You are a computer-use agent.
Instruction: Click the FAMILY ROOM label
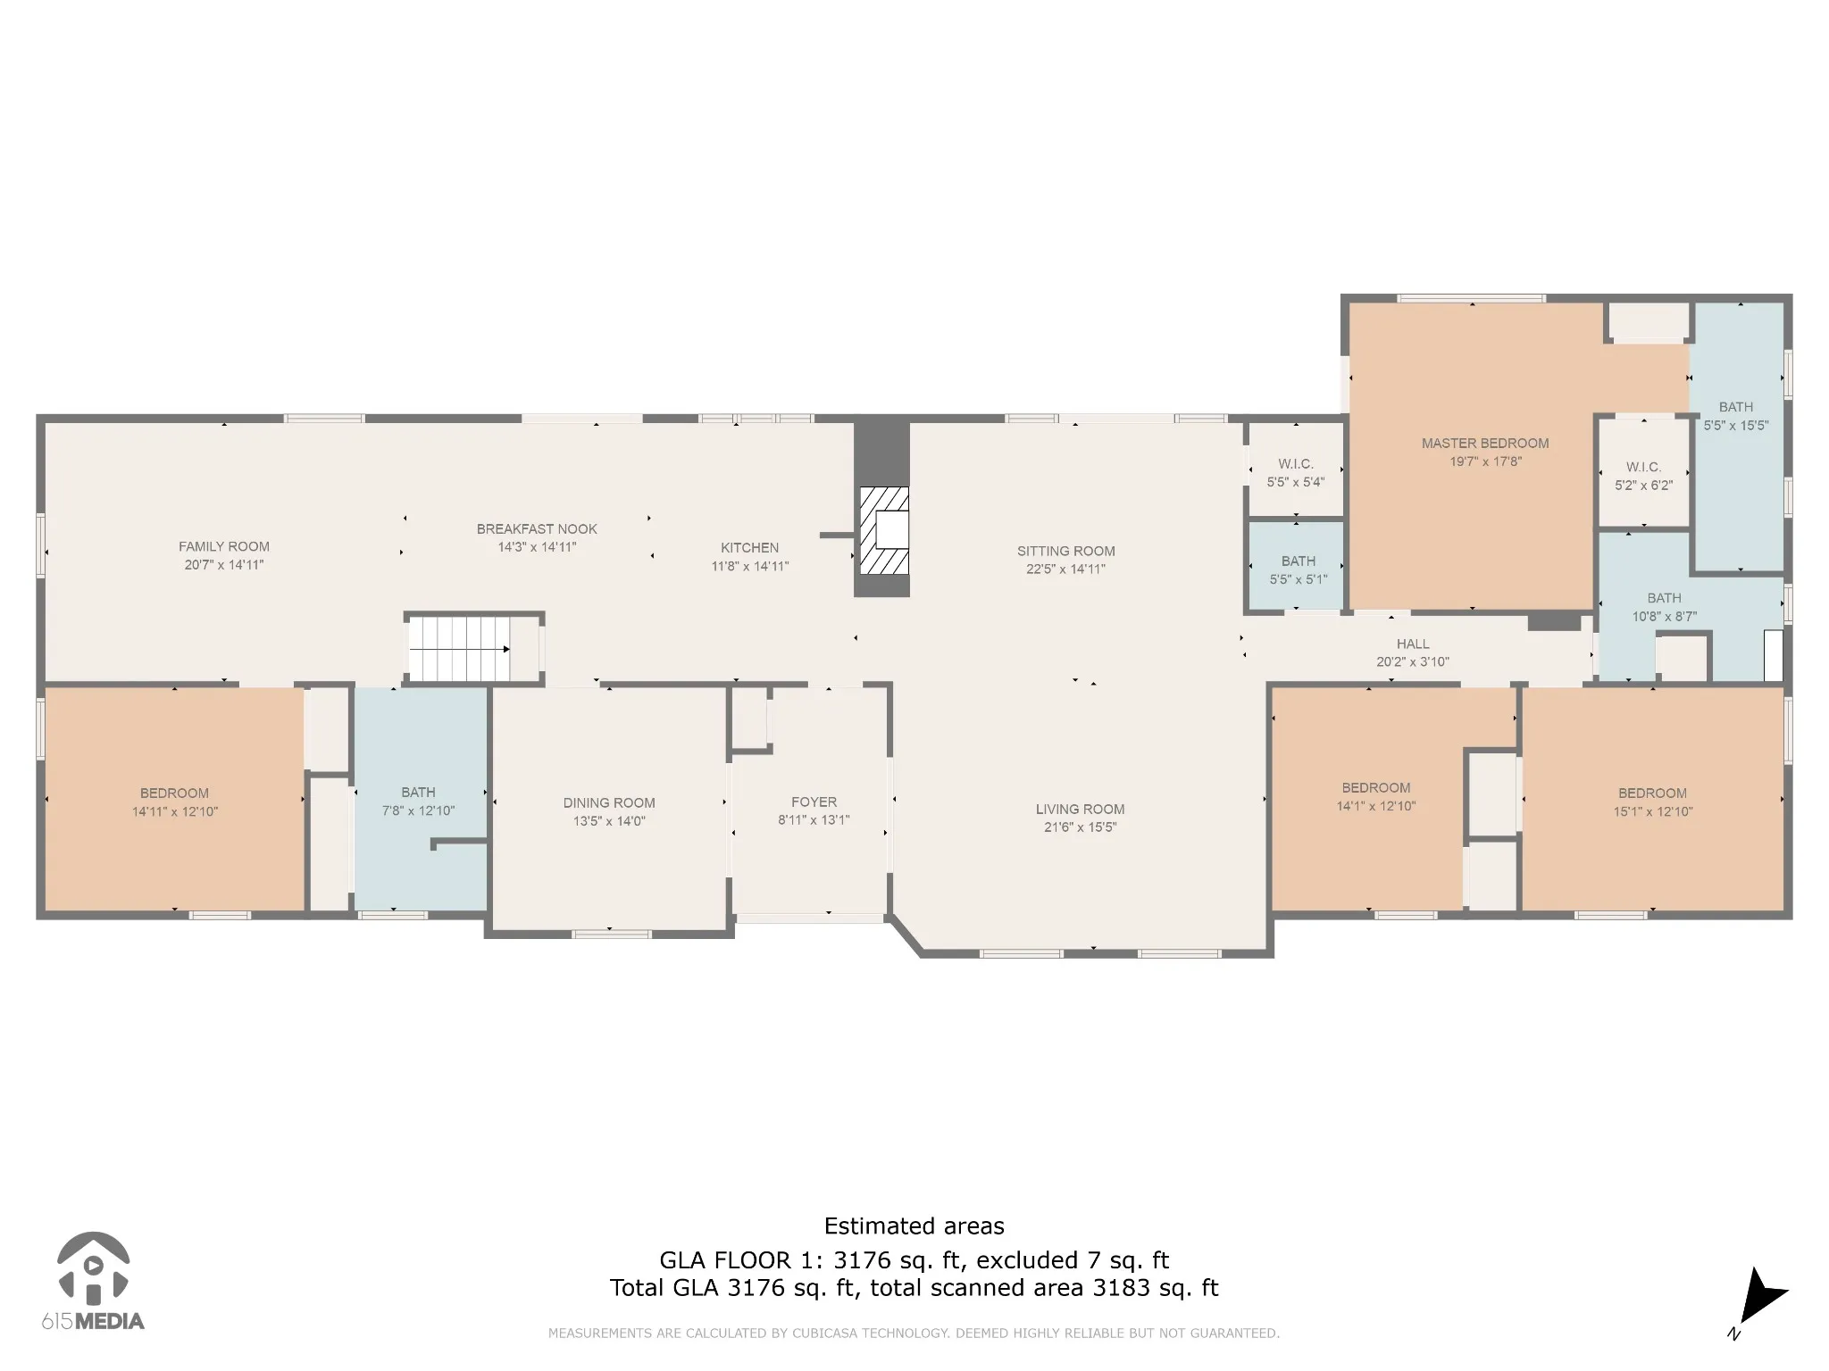[224, 546]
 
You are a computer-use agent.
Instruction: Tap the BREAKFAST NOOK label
[537, 528]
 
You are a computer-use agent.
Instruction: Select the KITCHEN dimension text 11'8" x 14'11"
[750, 566]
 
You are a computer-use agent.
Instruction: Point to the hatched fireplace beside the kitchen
[883, 530]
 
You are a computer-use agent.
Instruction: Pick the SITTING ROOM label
[1065, 551]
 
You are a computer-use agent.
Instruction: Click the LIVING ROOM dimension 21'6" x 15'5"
[1080, 827]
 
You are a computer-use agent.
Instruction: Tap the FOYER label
[814, 802]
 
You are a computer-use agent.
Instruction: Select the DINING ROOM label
[609, 802]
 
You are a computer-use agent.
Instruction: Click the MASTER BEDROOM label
[1485, 443]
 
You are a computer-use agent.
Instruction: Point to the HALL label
[1413, 644]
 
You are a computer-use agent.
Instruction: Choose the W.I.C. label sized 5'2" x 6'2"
[1643, 467]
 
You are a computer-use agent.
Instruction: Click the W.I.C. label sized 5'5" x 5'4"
[1295, 464]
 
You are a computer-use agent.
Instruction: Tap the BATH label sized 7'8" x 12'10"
[418, 792]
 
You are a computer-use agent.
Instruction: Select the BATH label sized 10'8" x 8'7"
[1664, 598]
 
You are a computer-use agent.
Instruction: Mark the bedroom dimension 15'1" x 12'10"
[1653, 811]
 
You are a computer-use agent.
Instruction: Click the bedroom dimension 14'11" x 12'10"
[175, 811]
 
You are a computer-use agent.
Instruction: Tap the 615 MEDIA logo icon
[93, 1267]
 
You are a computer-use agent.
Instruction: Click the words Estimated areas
[914, 1226]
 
